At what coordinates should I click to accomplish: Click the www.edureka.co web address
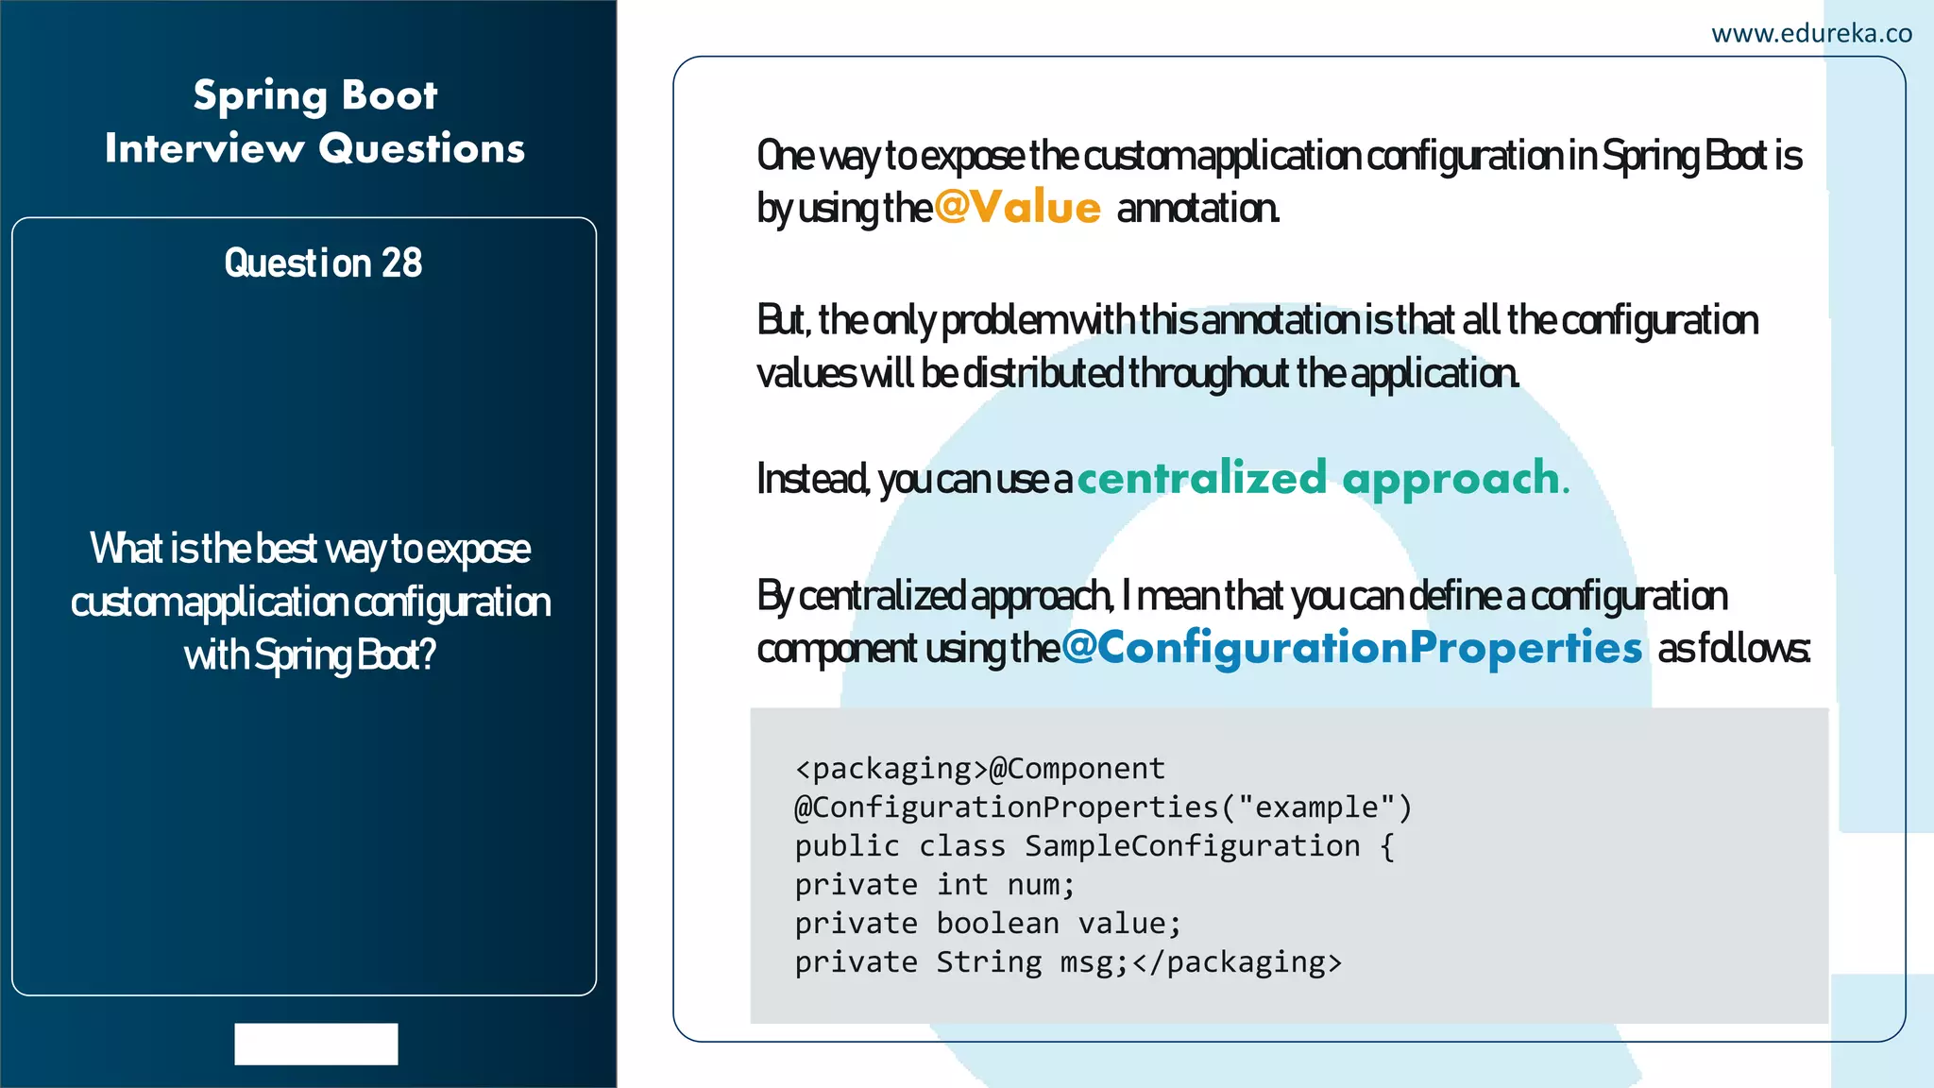pyautogui.click(x=1811, y=34)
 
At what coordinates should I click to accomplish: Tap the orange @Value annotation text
pyautogui.click(x=1017, y=207)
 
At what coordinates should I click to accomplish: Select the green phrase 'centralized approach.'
pyautogui.click(x=1323, y=478)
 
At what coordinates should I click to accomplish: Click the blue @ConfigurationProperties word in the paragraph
pyautogui.click(x=1351, y=648)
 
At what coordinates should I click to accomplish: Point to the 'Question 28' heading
pyautogui.click(x=323, y=263)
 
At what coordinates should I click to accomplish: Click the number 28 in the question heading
pyautogui.click(x=401, y=263)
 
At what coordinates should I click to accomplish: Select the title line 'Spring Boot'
pyautogui.click(x=315, y=95)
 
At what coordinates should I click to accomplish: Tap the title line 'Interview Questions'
pyautogui.click(x=314, y=149)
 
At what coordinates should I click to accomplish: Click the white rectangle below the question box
pyautogui.click(x=316, y=1044)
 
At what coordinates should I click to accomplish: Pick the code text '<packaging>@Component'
pyautogui.click(x=980, y=769)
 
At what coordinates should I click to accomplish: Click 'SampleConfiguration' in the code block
pyautogui.click(x=1192, y=846)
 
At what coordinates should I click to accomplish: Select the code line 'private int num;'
pyautogui.click(x=935, y=885)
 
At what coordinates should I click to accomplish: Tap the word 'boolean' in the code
pyautogui.click(x=997, y=924)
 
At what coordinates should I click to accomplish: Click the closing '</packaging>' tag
pyautogui.click(x=1236, y=962)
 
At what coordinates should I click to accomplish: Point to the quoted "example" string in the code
pyautogui.click(x=1315, y=807)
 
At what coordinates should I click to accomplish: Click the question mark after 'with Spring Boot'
pyautogui.click(x=428, y=654)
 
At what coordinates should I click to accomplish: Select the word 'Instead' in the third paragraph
pyautogui.click(x=812, y=479)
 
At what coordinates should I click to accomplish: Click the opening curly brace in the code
pyautogui.click(x=1387, y=846)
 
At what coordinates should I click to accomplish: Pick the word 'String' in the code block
pyautogui.click(x=989, y=962)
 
